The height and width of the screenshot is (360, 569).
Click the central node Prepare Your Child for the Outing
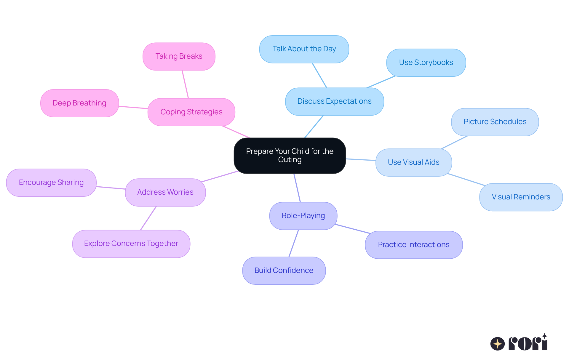290,156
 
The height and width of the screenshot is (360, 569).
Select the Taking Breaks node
179,56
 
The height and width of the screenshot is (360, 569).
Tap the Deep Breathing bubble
79,103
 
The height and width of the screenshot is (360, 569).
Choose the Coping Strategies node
191,112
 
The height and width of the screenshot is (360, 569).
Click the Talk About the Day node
304,49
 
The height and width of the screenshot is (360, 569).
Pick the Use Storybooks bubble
426,63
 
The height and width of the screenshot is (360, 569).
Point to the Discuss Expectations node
334,101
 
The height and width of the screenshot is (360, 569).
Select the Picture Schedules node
495,122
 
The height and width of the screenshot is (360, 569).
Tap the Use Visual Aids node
413,162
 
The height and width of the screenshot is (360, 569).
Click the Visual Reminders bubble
521,197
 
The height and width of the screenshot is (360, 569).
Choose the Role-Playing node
303,216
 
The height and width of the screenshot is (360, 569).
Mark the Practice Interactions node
413,245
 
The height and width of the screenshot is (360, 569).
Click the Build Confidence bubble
284,271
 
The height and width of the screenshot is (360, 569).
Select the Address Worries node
165,192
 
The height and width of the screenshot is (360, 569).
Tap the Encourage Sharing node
51,183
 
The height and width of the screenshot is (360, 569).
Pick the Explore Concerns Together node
131,244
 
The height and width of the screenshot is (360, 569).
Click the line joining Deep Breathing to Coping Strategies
133,107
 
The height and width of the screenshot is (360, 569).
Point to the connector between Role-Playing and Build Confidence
294,243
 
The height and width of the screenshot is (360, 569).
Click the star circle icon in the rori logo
497,344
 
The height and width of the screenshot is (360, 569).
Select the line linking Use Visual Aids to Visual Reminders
466,180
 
